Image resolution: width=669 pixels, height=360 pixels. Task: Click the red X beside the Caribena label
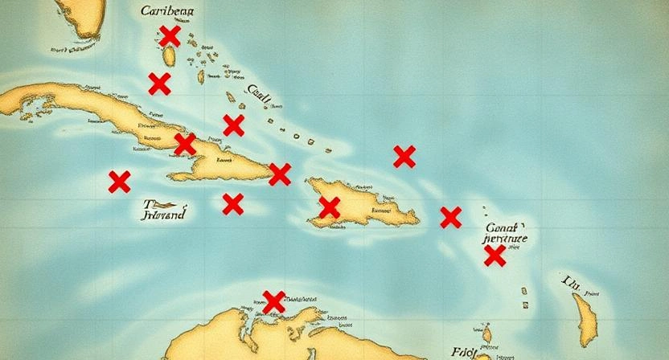coord(169,35)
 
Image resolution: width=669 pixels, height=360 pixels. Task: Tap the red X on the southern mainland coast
coord(273,301)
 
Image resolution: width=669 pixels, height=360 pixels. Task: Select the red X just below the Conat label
coord(495,256)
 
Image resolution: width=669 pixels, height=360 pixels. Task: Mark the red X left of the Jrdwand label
coord(119,182)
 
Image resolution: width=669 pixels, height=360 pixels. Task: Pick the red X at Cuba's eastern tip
coord(279,174)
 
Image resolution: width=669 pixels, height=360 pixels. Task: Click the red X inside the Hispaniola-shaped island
coord(328,207)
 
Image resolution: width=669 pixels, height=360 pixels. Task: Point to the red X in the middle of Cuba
coord(185,144)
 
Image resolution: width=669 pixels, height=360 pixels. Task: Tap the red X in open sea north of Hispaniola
coord(404,156)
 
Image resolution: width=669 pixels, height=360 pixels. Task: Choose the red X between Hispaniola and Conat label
coord(450,217)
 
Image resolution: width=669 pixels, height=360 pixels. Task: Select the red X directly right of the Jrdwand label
coord(232,204)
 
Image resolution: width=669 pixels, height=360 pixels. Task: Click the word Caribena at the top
coord(172,11)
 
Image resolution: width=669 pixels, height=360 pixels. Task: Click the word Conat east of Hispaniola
coord(505,227)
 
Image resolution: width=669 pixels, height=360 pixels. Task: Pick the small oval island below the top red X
coord(170,57)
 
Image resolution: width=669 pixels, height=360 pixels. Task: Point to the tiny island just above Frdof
coord(486,332)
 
